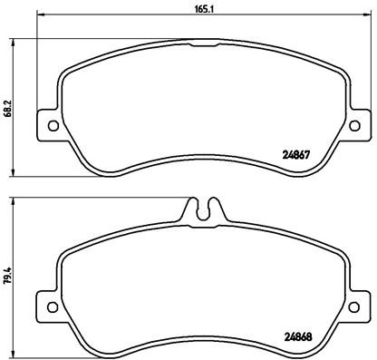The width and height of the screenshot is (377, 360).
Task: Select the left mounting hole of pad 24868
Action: tap(51, 303)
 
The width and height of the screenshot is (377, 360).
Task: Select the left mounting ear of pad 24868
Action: tap(49, 303)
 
